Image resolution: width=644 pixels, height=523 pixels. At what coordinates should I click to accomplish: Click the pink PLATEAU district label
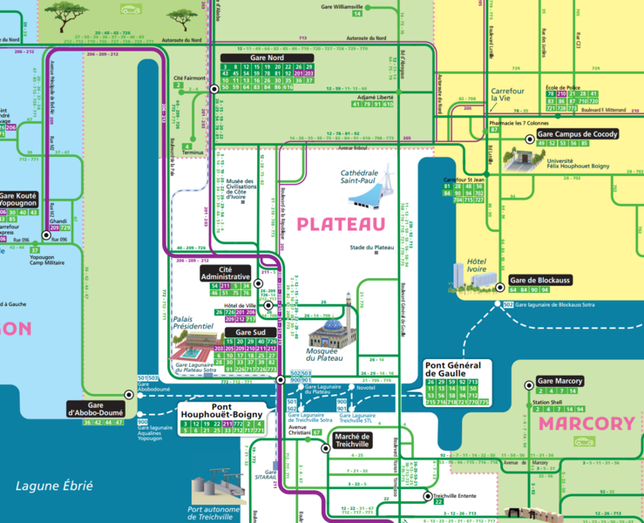pos(341,224)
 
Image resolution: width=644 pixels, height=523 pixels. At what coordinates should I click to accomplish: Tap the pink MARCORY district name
pos(586,424)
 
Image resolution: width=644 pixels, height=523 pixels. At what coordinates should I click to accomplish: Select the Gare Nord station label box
pos(267,58)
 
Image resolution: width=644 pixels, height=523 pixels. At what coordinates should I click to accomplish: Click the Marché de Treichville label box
pos(353,440)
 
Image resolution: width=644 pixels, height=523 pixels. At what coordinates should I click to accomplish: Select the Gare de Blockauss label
pos(539,280)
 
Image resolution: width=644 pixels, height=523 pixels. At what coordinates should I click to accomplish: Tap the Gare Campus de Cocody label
pos(576,134)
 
